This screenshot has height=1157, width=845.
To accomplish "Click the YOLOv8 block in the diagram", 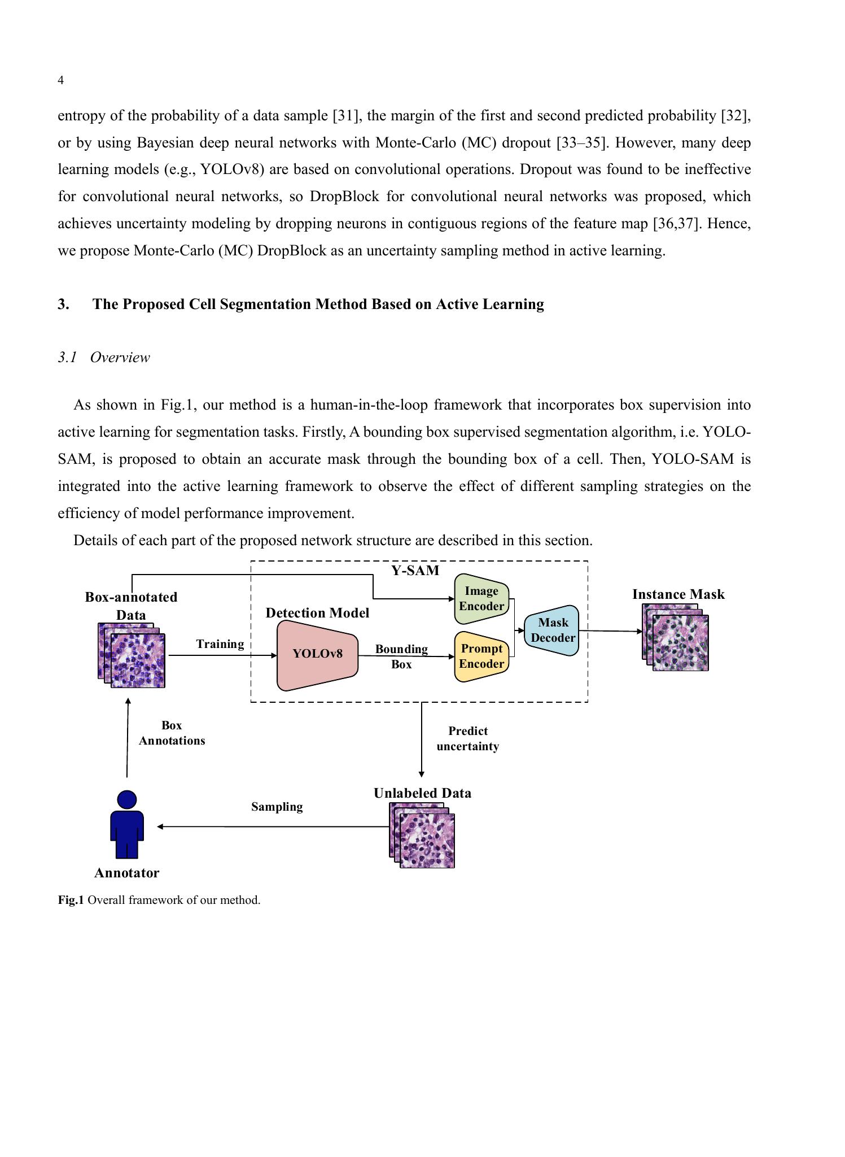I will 317,654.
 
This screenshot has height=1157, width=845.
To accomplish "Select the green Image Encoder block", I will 481,599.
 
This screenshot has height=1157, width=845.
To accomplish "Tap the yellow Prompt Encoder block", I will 481,656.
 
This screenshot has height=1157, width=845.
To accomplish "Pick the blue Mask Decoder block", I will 553,630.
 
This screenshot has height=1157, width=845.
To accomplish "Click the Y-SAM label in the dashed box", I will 415,571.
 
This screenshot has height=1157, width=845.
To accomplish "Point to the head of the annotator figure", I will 127,799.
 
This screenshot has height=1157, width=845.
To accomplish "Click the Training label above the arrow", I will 220,644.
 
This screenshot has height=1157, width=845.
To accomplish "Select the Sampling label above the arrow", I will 277,807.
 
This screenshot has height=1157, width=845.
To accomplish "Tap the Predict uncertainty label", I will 467,738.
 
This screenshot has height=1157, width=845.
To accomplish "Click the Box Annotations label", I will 172,733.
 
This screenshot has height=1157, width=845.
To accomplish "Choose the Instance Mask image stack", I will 676,638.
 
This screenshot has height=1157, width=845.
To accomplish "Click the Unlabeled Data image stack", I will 422,835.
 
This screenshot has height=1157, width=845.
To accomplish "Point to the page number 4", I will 61,80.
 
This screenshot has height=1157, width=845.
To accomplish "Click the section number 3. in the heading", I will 64,305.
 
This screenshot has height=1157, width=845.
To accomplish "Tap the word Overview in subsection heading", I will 120,358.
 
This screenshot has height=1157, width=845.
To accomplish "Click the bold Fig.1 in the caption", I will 71,900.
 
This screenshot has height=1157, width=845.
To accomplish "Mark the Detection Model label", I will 317,613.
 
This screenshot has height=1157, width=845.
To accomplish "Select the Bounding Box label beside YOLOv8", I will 401,656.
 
